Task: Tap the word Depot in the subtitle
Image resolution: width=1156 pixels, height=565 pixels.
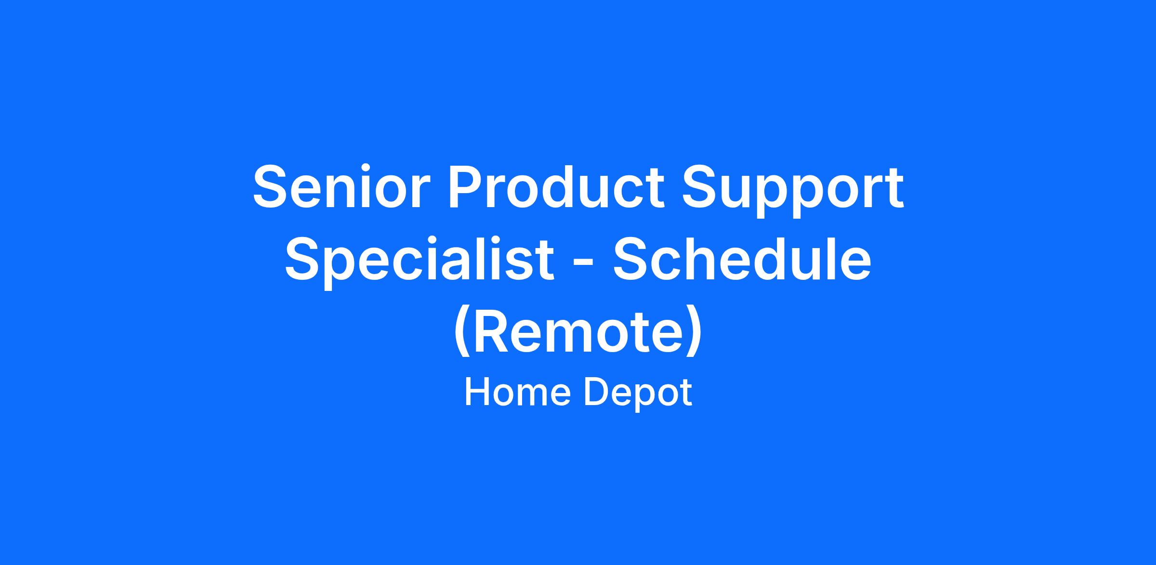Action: click(x=638, y=394)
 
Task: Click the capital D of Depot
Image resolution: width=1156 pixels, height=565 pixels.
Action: click(x=596, y=393)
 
